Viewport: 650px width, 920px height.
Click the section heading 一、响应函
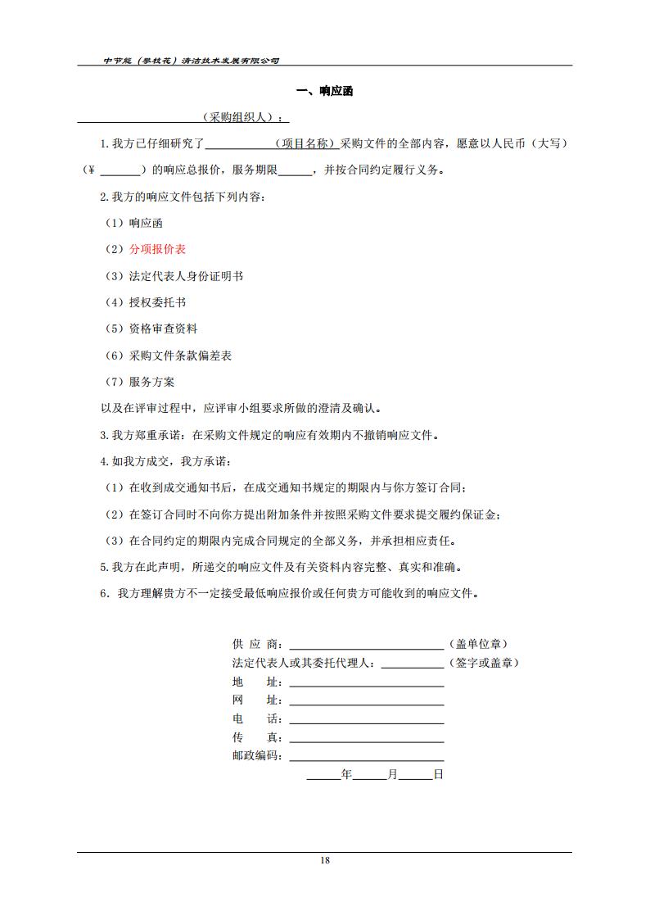pos(324,92)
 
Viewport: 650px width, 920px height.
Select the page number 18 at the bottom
pos(325,860)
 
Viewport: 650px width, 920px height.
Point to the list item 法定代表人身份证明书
pos(186,276)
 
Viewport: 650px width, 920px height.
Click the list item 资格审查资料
pos(163,329)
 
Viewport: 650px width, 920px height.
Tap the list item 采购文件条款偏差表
pos(180,356)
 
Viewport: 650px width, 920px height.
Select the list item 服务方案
pos(151,382)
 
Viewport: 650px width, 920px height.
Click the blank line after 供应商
pos(366,645)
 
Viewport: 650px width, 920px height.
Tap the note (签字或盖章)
pos(483,663)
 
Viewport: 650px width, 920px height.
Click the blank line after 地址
pos(366,682)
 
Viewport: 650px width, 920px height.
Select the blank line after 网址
pos(366,701)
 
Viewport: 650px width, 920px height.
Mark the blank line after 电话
pos(366,720)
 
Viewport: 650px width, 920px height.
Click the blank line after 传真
pos(366,739)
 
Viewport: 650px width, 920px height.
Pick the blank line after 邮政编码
pos(366,757)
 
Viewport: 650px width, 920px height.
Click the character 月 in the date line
pos(393,774)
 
